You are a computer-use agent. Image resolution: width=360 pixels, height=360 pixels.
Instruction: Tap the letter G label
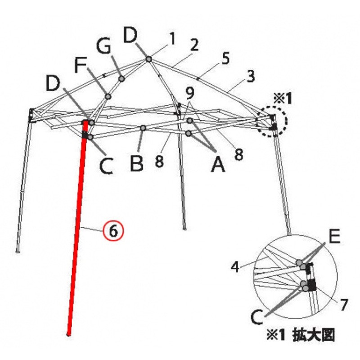[x=103, y=46]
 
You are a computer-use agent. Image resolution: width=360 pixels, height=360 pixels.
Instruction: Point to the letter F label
[x=81, y=65]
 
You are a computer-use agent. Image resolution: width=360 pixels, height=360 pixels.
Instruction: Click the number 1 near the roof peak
[x=172, y=39]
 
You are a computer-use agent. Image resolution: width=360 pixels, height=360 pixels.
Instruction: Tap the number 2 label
[x=194, y=45]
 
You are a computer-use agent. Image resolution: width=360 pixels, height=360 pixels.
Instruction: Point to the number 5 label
[x=226, y=58]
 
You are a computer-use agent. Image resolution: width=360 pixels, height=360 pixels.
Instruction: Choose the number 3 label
[x=251, y=76]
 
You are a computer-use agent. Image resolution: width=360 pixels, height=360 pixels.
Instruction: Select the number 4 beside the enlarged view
[x=235, y=267]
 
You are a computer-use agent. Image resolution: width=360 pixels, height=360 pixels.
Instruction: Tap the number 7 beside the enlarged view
[x=343, y=305]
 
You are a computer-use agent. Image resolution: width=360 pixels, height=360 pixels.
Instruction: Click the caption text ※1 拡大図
[x=300, y=335]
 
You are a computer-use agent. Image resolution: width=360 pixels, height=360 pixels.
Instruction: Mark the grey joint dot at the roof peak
[x=149, y=59]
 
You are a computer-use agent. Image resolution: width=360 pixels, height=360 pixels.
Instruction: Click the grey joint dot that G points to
[x=121, y=79]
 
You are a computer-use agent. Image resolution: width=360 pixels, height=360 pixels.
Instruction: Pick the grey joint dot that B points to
[x=143, y=128]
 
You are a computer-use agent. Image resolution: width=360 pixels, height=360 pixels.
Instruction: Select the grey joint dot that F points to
[x=108, y=97]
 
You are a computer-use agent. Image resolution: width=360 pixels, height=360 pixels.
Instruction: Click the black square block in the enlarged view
[x=312, y=285]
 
